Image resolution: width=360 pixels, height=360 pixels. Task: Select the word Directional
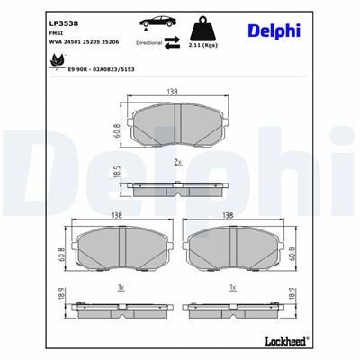click(148, 42)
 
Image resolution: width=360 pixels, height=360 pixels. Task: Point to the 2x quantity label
click(178, 162)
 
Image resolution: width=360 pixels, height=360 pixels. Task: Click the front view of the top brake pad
click(177, 127)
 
